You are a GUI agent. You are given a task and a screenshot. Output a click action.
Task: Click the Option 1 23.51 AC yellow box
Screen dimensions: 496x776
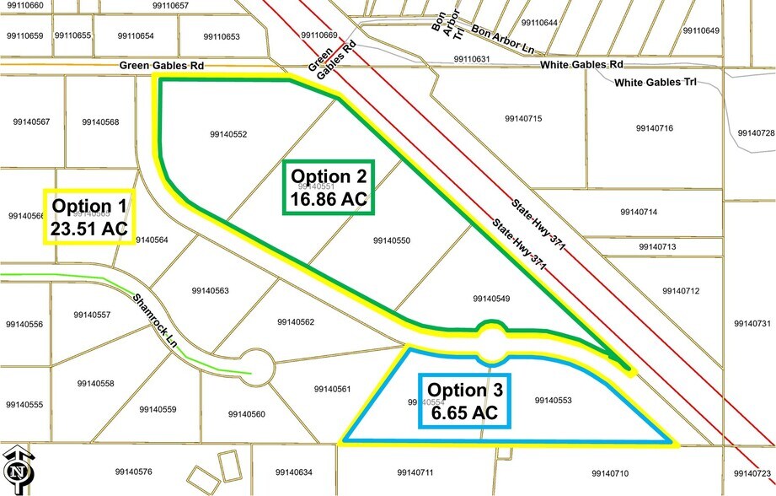click(88, 217)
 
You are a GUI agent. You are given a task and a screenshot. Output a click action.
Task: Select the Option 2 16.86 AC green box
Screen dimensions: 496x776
click(329, 187)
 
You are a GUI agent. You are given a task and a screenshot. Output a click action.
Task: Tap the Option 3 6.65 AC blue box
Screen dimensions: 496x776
click(458, 401)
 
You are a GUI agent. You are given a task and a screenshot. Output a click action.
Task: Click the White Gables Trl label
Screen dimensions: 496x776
click(652, 83)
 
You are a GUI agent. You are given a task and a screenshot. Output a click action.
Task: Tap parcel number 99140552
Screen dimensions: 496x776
click(226, 134)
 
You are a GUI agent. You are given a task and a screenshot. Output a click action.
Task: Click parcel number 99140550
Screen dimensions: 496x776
click(391, 240)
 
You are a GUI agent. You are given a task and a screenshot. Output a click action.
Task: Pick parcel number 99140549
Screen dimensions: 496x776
click(491, 298)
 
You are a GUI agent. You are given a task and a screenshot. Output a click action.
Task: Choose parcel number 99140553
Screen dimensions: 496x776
click(553, 400)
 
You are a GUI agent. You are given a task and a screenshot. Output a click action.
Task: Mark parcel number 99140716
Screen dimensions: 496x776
click(653, 128)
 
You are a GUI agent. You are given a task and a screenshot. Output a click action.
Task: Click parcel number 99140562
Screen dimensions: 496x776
click(295, 321)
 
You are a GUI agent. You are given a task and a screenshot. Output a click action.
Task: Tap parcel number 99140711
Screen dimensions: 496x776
click(415, 472)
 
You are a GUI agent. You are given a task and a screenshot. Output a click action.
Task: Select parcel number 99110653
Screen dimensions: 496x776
click(222, 36)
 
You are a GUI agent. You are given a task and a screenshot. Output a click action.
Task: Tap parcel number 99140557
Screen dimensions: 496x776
click(92, 315)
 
